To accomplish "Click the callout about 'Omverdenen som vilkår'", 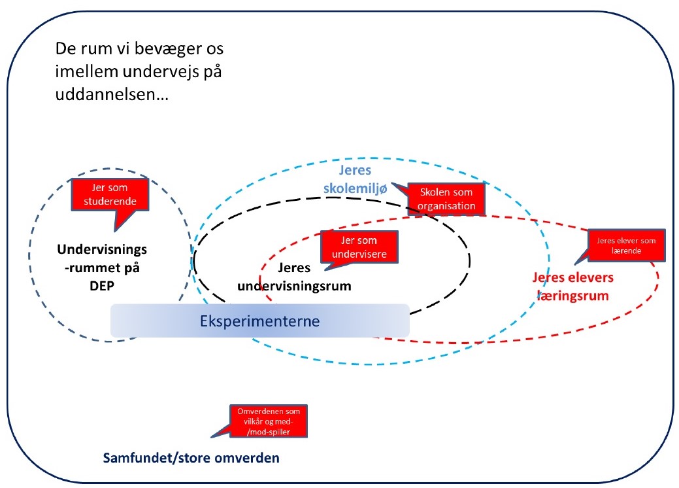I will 268,421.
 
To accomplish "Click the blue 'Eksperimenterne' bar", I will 259,321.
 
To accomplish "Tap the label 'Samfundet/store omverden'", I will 191,457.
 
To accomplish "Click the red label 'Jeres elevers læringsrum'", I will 572,287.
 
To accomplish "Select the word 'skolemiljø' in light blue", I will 363,188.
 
